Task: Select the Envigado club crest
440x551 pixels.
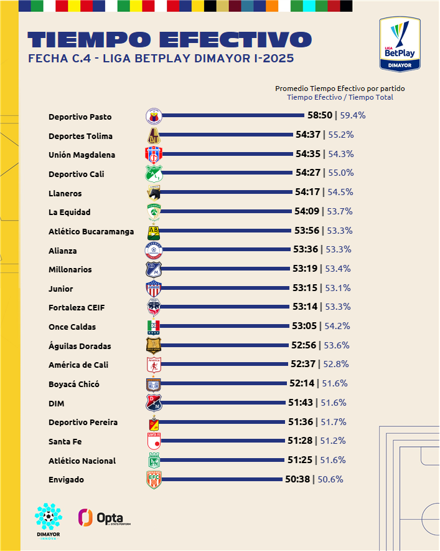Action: click(x=154, y=479)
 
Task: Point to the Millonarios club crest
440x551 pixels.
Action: click(x=154, y=269)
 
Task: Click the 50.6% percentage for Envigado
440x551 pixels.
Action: click(x=330, y=479)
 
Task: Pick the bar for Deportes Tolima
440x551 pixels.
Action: click(x=227, y=135)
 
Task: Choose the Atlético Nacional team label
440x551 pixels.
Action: click(x=82, y=461)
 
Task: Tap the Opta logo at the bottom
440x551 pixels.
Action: click(x=104, y=518)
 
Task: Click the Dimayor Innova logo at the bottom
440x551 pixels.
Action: click(x=49, y=521)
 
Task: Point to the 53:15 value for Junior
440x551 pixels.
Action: click(x=306, y=288)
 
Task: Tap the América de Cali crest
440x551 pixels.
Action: click(x=154, y=365)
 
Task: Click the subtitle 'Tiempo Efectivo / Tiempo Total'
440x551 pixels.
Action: click(x=340, y=97)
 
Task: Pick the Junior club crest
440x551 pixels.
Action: click(x=154, y=289)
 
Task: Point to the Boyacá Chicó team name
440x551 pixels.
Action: click(x=74, y=384)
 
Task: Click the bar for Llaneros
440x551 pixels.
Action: click(x=227, y=193)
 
